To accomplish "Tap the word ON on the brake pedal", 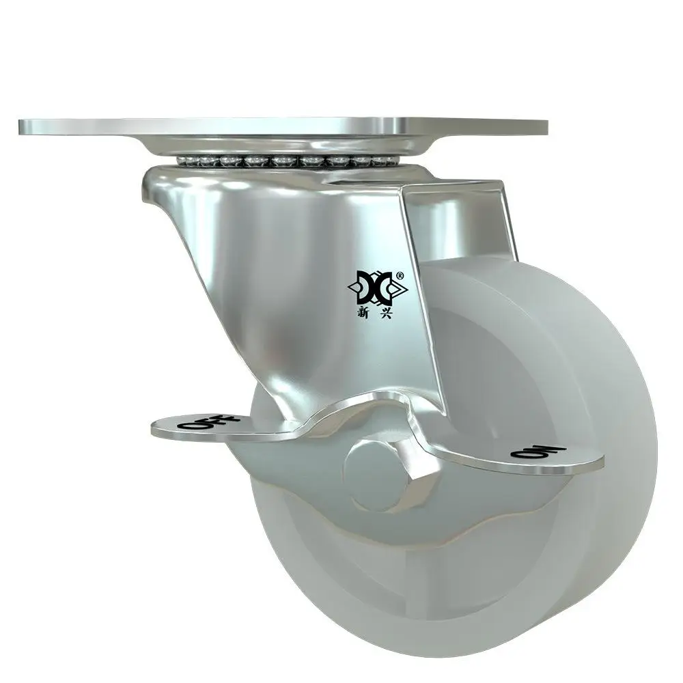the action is pos(538,452).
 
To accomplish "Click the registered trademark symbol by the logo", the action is pos(400,275).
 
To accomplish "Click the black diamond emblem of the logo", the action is pos(378,288).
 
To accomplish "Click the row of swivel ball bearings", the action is pos(288,162).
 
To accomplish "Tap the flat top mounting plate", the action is pos(283,126).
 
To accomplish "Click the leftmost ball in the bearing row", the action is pos(182,161).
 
